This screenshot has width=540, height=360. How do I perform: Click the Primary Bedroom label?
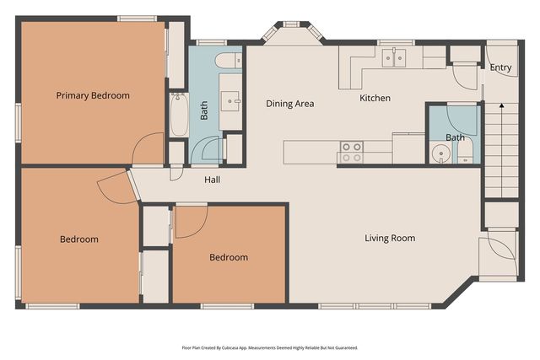pos(93,95)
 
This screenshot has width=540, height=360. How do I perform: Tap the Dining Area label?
pos(290,104)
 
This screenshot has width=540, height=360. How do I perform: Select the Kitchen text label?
pos(375,98)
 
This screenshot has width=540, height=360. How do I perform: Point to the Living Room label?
pos(390,238)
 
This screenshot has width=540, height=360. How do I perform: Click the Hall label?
pos(212,180)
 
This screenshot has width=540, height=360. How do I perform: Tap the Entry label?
pos(500,67)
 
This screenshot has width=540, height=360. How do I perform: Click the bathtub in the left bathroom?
pos(179,115)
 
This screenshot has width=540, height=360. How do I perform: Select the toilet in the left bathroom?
pos(229,61)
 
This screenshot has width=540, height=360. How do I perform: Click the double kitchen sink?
pos(394,57)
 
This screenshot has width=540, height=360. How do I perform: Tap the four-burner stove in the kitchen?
pos(352,152)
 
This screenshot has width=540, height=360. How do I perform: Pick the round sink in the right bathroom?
pos(440,153)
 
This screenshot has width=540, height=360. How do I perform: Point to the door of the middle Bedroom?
pos(191,221)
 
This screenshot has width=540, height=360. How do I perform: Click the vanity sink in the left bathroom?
pos(229,101)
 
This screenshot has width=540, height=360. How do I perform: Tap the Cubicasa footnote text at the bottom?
pos(270,347)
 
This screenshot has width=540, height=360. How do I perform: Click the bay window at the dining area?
pos(292,32)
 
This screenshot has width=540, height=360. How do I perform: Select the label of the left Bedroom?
pos(79,239)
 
